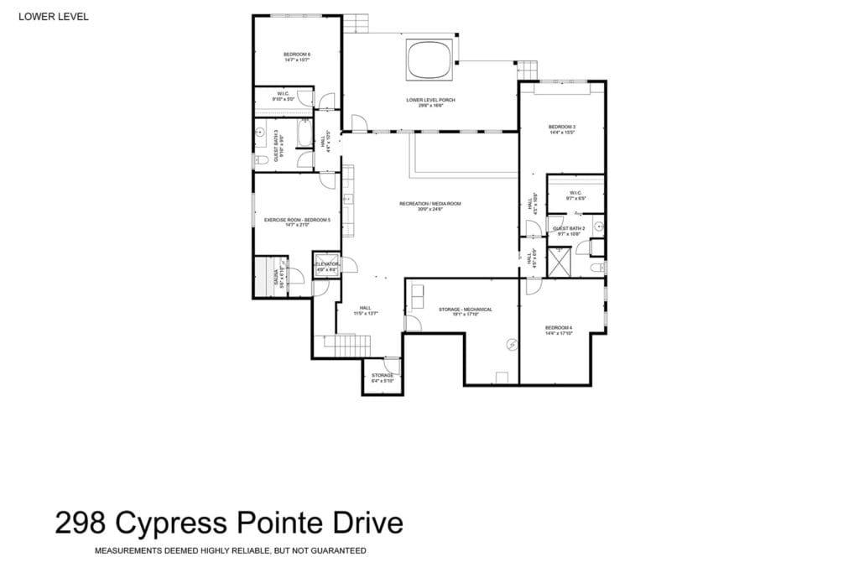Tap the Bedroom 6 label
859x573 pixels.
297,57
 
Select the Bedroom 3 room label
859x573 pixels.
561,129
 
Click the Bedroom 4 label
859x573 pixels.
559,330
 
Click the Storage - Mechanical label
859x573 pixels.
465,310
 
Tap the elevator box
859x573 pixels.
325,265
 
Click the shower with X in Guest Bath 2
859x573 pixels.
558,262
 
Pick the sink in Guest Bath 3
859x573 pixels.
260,133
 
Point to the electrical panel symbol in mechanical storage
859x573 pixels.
513,344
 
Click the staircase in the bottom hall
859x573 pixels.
346,343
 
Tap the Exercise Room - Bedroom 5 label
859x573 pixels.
297,221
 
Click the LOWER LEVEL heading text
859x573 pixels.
53,16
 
